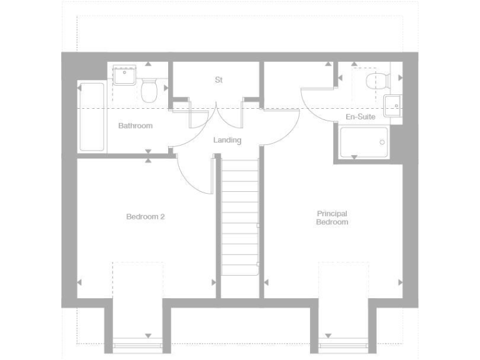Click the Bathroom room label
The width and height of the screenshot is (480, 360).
[x=135, y=126]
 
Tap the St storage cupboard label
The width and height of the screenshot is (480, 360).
[x=218, y=80]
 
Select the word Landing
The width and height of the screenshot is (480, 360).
[x=227, y=140]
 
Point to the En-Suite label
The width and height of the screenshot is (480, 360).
[x=360, y=117]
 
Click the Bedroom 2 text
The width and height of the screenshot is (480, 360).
[x=145, y=217]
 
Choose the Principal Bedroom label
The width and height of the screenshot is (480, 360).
[x=332, y=217]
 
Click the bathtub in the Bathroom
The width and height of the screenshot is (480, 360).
[x=92, y=116]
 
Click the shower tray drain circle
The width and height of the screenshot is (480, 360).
[x=382, y=142]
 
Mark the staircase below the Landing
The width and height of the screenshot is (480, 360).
[x=240, y=216]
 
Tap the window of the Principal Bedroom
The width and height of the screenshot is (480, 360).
[x=343, y=343]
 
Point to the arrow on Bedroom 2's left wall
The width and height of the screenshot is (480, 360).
[x=79, y=282]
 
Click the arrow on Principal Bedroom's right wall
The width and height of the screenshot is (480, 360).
[x=399, y=282]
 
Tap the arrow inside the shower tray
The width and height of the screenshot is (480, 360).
[x=354, y=156]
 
